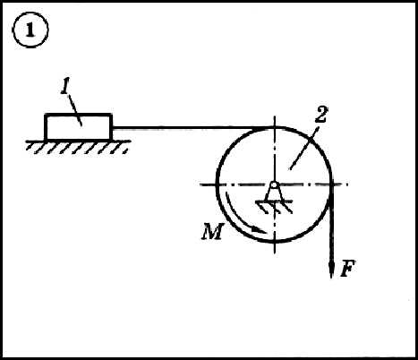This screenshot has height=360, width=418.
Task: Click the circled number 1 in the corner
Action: (x=30, y=30)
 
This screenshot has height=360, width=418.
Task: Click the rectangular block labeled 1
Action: (x=79, y=126)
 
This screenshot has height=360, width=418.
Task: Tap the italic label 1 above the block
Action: (x=65, y=87)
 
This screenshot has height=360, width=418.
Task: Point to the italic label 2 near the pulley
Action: (x=321, y=115)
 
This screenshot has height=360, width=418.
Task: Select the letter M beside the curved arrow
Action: (x=212, y=232)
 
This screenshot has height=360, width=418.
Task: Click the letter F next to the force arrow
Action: (x=348, y=269)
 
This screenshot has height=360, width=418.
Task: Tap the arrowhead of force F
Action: (x=331, y=270)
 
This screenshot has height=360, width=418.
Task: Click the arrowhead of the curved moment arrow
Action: (x=259, y=230)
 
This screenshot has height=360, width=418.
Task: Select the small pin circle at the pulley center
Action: (x=274, y=184)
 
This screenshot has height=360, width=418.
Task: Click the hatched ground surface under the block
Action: (x=78, y=147)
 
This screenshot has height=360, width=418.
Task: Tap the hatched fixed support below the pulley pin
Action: (x=274, y=207)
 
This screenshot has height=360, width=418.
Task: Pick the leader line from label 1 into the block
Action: (x=75, y=109)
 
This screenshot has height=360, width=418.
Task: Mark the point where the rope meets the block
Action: (x=113, y=128)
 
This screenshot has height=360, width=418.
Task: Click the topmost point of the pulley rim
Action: (x=275, y=127)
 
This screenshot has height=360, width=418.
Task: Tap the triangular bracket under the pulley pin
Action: (x=274, y=194)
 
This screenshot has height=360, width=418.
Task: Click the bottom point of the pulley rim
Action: (x=275, y=241)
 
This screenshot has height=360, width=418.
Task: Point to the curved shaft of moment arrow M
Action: (x=235, y=216)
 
